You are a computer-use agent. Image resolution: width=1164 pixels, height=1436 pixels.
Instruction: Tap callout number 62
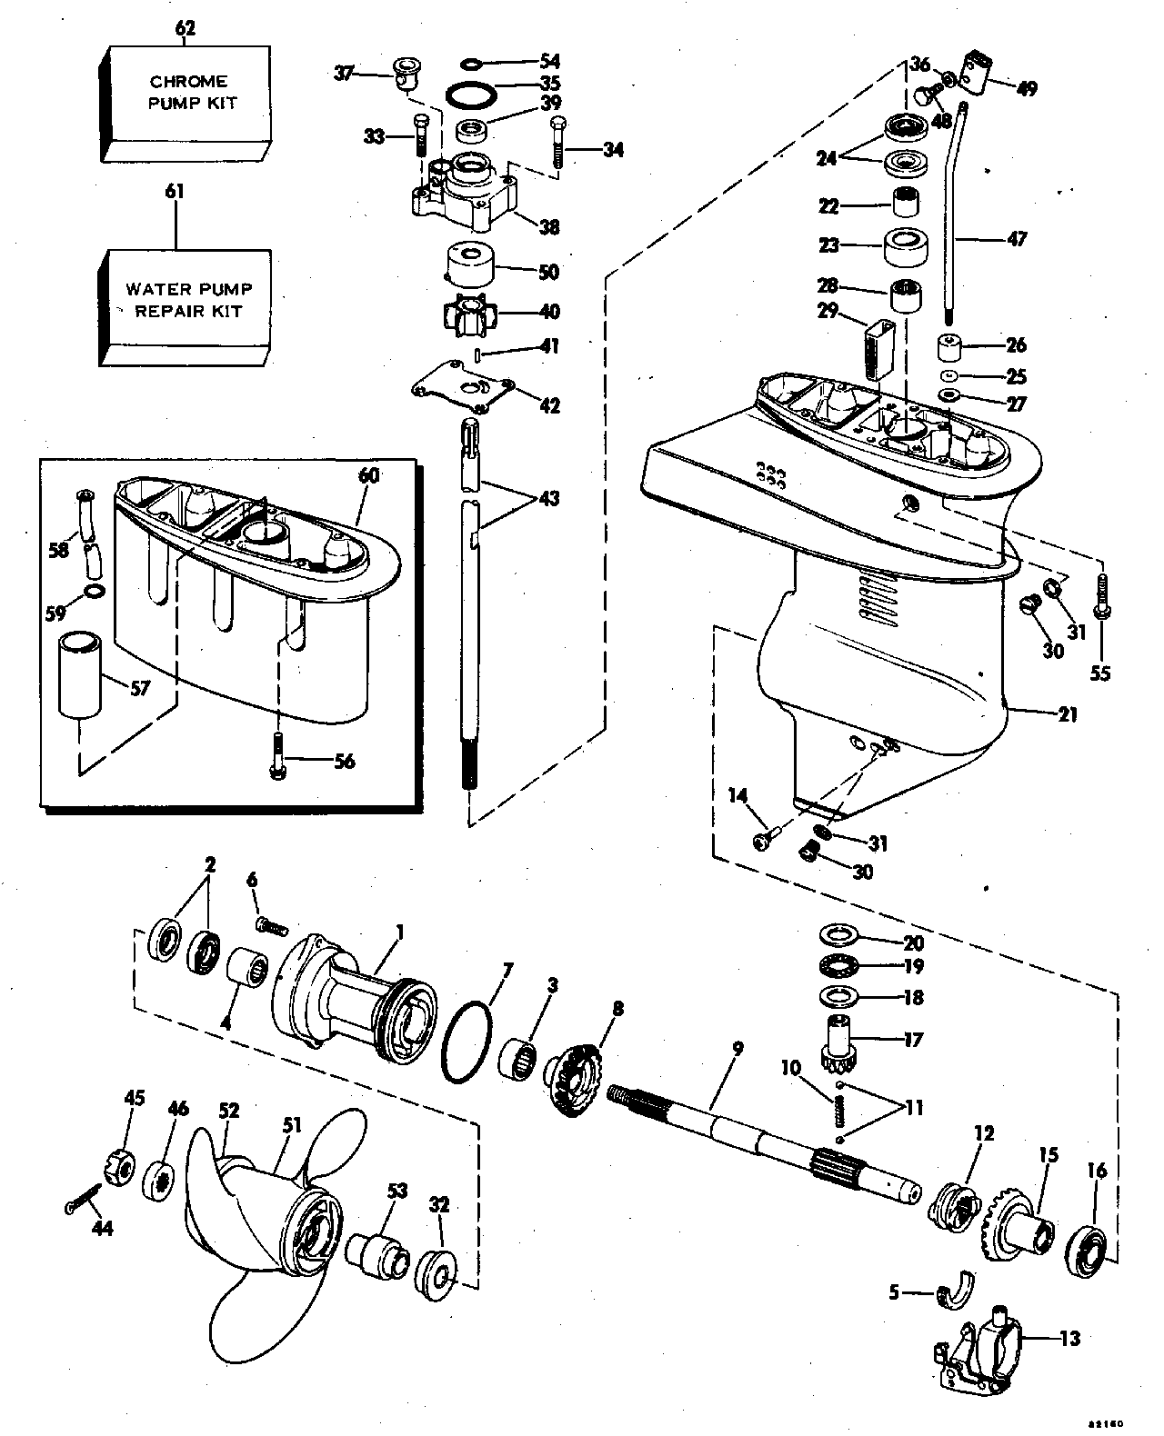[x=185, y=29]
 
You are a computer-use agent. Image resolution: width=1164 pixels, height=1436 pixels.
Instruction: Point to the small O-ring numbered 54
[x=471, y=63]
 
